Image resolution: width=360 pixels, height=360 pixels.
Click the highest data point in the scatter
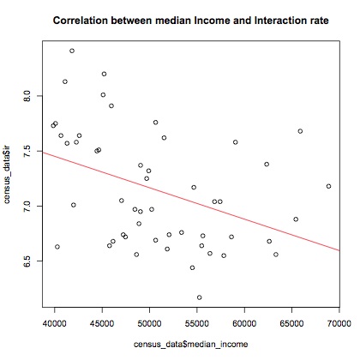coord(72,51)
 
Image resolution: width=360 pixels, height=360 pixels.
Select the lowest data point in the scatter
coord(200,297)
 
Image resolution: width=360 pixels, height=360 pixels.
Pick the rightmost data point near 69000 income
coord(329,186)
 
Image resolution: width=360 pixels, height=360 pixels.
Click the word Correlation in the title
coord(81,18)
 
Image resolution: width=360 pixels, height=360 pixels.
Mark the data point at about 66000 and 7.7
coord(300,131)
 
